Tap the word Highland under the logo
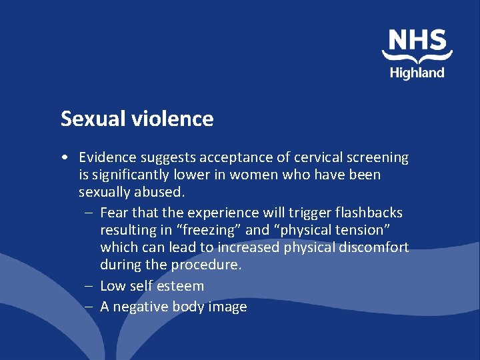point(417,73)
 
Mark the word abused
point(161,192)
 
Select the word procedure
point(206,265)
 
